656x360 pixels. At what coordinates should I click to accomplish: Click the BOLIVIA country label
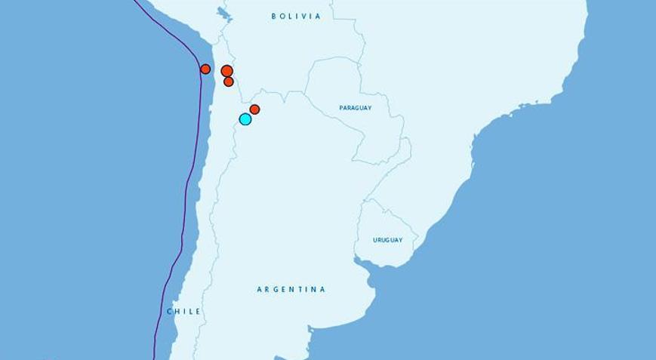click(296, 16)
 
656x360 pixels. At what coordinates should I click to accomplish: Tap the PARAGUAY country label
click(355, 108)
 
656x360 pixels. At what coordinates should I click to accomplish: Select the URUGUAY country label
click(387, 240)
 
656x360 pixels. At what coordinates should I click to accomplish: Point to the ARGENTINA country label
click(291, 289)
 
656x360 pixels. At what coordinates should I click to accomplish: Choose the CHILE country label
click(183, 311)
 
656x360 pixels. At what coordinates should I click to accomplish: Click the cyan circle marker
click(245, 119)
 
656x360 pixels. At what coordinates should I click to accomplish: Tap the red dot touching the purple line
click(205, 69)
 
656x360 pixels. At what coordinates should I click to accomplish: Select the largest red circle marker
click(227, 71)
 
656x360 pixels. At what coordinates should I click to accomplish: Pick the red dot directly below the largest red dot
click(229, 82)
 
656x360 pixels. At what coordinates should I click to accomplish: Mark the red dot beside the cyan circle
click(255, 109)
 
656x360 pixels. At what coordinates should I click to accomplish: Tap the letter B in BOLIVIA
click(274, 16)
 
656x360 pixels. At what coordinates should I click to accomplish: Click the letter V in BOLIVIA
click(303, 16)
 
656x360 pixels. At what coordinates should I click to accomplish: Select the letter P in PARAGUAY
click(341, 108)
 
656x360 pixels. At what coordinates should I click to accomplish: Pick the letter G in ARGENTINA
click(276, 289)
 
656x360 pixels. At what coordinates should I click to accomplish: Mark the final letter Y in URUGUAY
click(400, 240)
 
